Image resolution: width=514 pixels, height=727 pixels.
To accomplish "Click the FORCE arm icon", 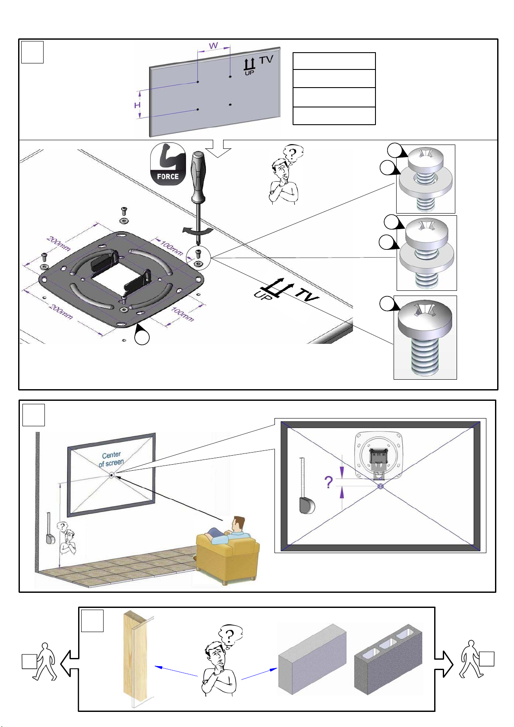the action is [x=168, y=164].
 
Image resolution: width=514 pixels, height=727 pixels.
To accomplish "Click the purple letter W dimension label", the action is [x=213, y=46].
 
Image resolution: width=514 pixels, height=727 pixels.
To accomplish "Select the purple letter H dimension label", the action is [x=137, y=105].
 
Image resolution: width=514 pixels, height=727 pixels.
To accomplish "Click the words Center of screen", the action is [x=111, y=459].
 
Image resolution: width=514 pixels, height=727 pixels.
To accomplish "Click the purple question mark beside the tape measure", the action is [x=328, y=482].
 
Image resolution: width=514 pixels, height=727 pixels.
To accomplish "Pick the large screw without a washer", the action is [x=425, y=338].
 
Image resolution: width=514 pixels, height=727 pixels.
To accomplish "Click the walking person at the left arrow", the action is [x=45, y=661].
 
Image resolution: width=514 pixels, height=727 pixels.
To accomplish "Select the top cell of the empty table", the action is [x=334, y=61].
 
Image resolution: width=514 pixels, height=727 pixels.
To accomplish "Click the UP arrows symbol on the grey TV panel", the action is [x=249, y=66].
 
